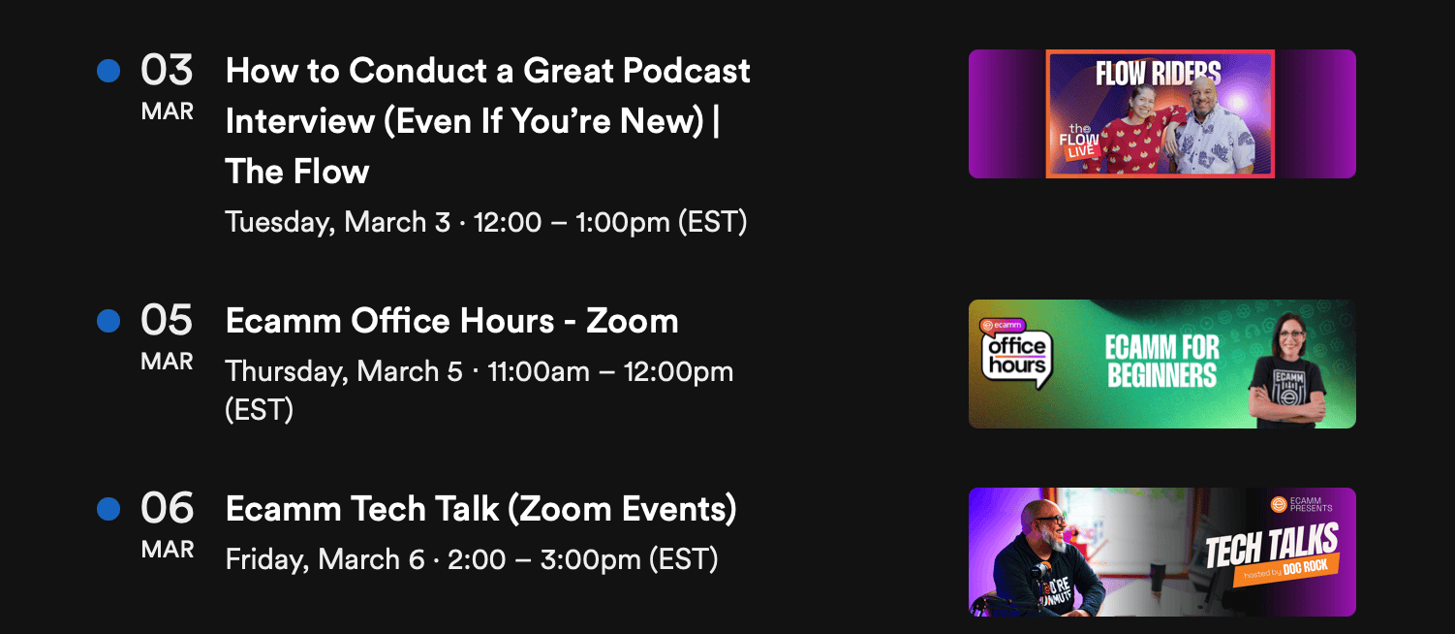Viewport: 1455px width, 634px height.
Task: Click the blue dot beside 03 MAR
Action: [x=108, y=71]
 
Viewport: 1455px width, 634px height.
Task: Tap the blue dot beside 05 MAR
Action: [x=108, y=321]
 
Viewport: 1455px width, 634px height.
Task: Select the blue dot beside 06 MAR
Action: [x=108, y=509]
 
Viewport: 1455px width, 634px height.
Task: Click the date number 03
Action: [x=167, y=70]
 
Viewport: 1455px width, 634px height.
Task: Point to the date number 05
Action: [x=167, y=320]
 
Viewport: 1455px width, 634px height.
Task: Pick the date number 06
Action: [x=167, y=508]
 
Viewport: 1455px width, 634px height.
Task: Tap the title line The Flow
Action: [x=297, y=172]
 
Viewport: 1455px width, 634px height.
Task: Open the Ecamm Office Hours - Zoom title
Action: [x=452, y=321]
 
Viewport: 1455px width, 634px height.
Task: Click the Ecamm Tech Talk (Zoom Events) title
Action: [x=481, y=509]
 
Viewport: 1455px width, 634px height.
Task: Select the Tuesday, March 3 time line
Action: [x=486, y=222]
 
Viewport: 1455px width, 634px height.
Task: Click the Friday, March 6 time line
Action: [x=472, y=559]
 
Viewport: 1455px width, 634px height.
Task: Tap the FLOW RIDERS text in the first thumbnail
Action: [x=1159, y=73]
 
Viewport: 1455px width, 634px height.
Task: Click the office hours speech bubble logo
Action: [x=1016, y=355]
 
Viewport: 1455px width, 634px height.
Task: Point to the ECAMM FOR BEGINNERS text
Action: [x=1162, y=362]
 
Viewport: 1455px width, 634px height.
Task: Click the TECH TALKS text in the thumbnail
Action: [x=1272, y=545]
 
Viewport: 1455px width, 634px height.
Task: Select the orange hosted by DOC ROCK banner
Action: [x=1286, y=570]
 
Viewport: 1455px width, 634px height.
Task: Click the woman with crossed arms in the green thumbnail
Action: [x=1287, y=370]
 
